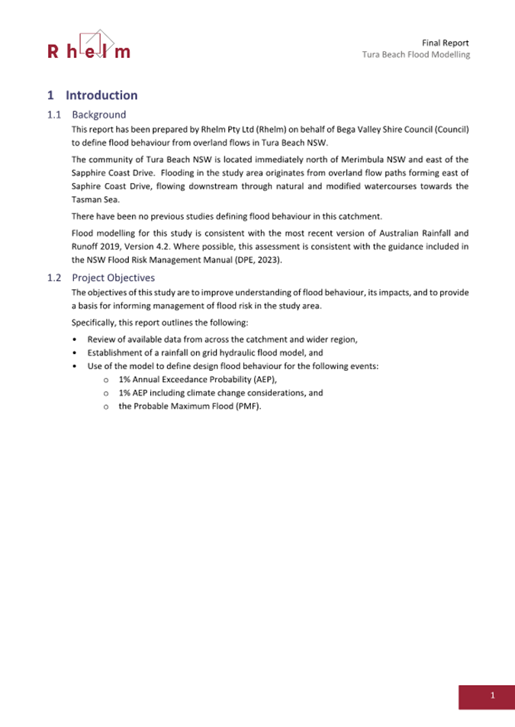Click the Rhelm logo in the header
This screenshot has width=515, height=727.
pos(89,45)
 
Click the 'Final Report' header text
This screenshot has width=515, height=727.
pos(445,43)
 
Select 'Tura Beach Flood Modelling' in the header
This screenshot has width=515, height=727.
pos(416,55)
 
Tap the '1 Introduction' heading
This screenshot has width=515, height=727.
pos(92,95)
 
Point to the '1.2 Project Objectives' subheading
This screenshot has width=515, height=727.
pos(101,278)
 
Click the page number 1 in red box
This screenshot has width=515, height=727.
pos(493,696)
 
